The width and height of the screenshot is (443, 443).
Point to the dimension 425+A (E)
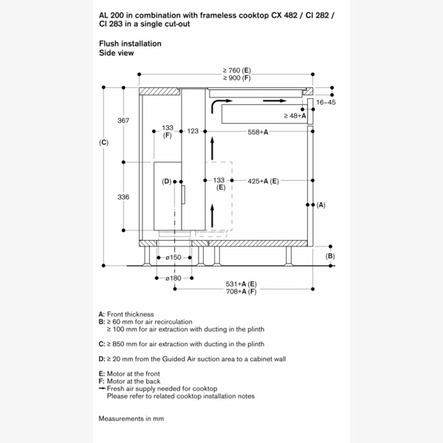click(x=263, y=180)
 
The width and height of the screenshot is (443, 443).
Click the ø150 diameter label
click(x=174, y=257)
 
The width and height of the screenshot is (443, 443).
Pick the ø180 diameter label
click(x=174, y=278)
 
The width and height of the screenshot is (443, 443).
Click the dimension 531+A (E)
click(x=241, y=284)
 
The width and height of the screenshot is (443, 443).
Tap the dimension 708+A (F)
click(x=241, y=292)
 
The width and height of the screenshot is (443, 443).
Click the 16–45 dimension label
click(x=326, y=103)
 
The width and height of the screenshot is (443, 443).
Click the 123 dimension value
click(x=193, y=131)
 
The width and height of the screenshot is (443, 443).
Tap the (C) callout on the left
click(x=103, y=142)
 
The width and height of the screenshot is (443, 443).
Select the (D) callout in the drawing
click(x=167, y=181)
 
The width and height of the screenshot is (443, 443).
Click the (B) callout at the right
click(x=330, y=255)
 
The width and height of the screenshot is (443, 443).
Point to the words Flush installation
click(x=130, y=44)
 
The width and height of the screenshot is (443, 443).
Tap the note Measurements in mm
click(x=131, y=419)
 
